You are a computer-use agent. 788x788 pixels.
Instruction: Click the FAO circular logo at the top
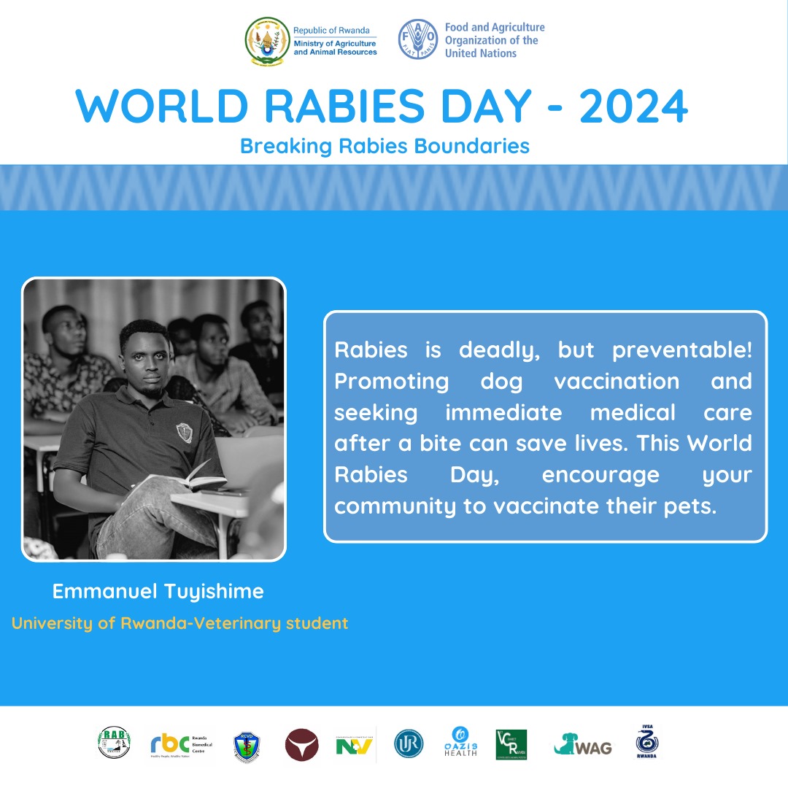click(418, 39)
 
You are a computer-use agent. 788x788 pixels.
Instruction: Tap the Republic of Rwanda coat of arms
click(267, 41)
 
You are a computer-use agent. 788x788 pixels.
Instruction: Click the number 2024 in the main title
click(633, 107)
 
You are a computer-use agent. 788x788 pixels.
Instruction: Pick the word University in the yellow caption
click(53, 624)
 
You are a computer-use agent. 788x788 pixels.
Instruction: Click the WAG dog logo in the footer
click(583, 744)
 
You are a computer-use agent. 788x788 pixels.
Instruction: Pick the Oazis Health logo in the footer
click(460, 743)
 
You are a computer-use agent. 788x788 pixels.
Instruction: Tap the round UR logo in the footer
click(409, 744)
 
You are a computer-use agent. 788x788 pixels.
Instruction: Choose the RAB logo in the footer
click(114, 743)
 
